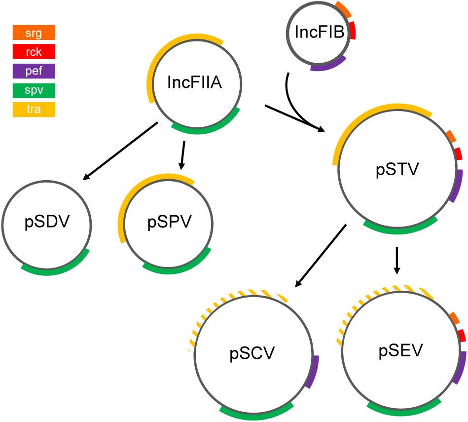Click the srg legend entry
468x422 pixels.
point(34,33)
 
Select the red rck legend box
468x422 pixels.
point(34,52)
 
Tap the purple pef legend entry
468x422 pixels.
point(34,71)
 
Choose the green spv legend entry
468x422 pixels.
point(34,90)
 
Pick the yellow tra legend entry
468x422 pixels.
point(34,110)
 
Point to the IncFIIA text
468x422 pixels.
point(194,82)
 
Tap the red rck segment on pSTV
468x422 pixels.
point(458,153)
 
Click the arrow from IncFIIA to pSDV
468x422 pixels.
point(121,151)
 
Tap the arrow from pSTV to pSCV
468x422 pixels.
point(321,256)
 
